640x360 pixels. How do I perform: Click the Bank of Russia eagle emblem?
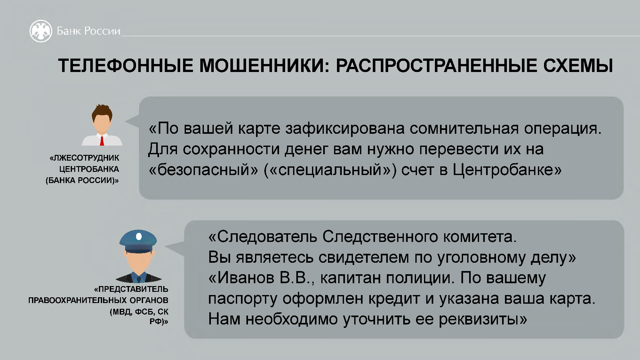[41, 31]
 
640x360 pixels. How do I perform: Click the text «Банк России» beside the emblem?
[89, 31]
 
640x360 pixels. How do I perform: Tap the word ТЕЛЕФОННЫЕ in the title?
[126, 66]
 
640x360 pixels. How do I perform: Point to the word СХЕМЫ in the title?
[578, 66]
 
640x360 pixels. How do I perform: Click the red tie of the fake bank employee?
[102, 141]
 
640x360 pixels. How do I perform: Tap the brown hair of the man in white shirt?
[102, 112]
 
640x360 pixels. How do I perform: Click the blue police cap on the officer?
[138, 241]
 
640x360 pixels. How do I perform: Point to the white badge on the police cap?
[139, 236]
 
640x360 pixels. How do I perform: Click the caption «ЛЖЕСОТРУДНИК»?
[84, 158]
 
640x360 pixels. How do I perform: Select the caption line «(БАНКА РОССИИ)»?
[82, 180]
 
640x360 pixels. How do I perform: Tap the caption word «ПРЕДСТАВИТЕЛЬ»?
[131, 289]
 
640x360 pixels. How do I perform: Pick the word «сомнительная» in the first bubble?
[464, 129]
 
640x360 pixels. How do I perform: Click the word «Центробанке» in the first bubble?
[507, 170]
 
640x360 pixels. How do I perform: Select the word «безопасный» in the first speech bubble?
[204, 170]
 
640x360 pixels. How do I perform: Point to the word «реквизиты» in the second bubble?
[483, 319]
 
